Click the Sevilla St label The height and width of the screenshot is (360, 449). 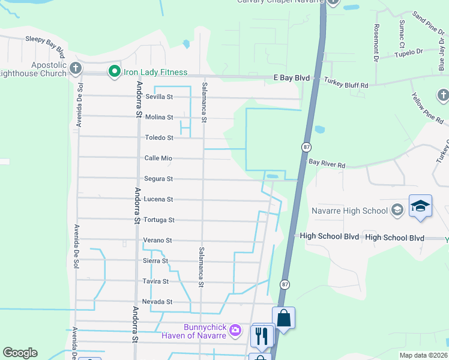click(x=158, y=97)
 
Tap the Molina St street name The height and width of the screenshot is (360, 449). click(x=158, y=117)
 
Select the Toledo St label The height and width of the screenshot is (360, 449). click(x=158, y=137)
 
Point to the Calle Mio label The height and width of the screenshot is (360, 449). click(x=158, y=158)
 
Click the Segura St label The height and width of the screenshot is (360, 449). click(x=158, y=179)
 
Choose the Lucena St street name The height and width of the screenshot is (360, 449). click(x=158, y=199)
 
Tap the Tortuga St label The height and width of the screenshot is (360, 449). click(x=158, y=220)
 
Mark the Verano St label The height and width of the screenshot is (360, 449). click(x=158, y=241)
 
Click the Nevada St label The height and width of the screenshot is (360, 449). click(x=157, y=302)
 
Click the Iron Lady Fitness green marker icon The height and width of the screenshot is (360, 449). click(x=114, y=72)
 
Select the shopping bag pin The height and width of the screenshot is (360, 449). click(x=283, y=318)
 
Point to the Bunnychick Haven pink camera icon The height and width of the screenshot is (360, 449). click(x=235, y=330)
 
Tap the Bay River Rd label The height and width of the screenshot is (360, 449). click(x=328, y=163)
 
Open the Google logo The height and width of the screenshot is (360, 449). click(x=20, y=353)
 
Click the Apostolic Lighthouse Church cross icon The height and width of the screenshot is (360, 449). click(x=75, y=68)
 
